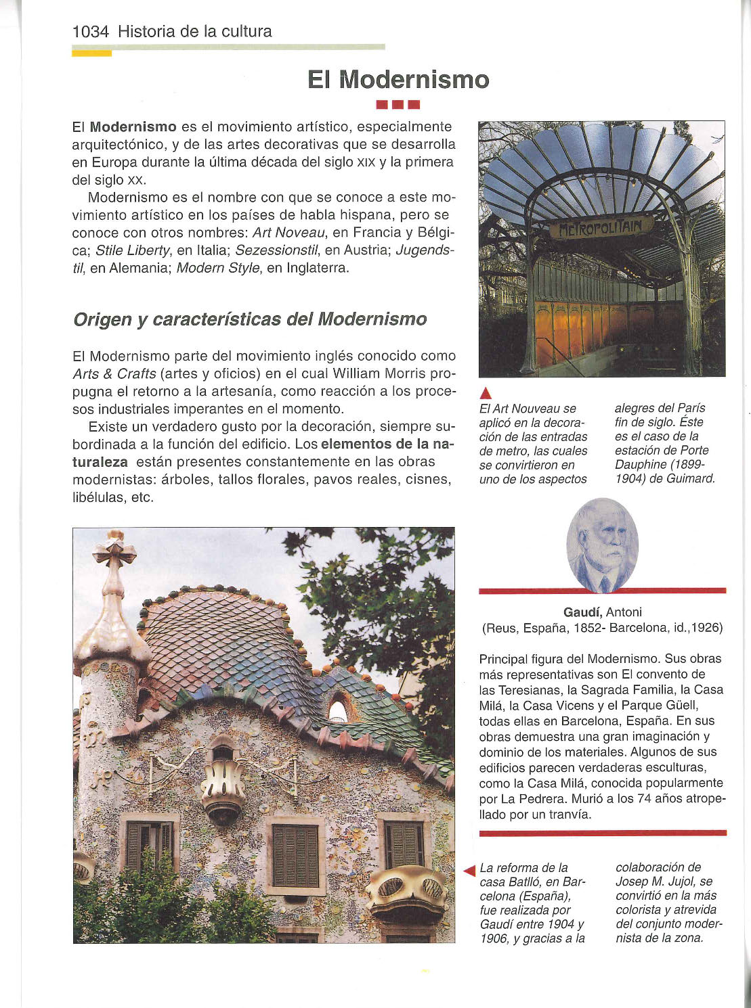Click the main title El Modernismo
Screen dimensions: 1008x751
(398, 80)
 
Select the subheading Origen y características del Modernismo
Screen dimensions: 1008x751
(250, 319)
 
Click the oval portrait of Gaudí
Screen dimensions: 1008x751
(602, 545)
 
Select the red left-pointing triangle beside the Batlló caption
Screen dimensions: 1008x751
(469, 871)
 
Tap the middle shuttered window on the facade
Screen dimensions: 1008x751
(295, 855)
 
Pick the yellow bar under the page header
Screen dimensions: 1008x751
(91, 53)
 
